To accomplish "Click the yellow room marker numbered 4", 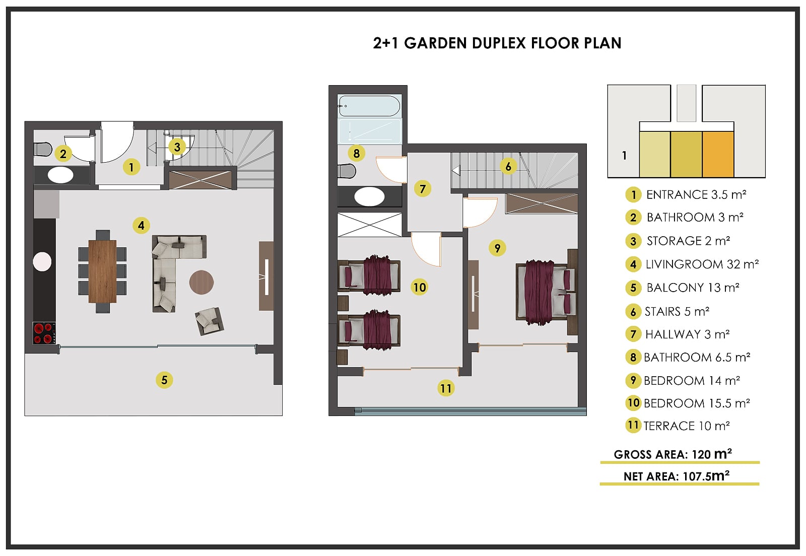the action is [x=141, y=226].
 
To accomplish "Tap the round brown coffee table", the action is [x=201, y=283].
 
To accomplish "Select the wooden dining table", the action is [x=103, y=271].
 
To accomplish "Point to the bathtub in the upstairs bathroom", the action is [x=370, y=106].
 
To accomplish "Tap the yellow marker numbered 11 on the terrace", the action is [x=446, y=388].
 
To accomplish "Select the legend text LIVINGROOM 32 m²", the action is [x=702, y=264].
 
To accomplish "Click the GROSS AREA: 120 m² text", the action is [x=673, y=454].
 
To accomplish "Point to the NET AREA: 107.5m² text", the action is [x=677, y=476].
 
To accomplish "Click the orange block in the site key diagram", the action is [x=718, y=154].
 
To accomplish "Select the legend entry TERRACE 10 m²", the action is [x=687, y=426].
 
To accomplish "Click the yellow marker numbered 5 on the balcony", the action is [x=164, y=380].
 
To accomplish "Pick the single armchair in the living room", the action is [x=210, y=321].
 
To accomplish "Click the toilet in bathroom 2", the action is [x=43, y=149].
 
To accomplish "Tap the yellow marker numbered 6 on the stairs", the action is [x=508, y=166].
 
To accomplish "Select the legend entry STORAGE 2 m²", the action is [x=688, y=241].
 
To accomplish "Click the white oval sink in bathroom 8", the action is [x=369, y=196].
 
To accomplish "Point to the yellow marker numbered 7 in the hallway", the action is [x=423, y=188].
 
